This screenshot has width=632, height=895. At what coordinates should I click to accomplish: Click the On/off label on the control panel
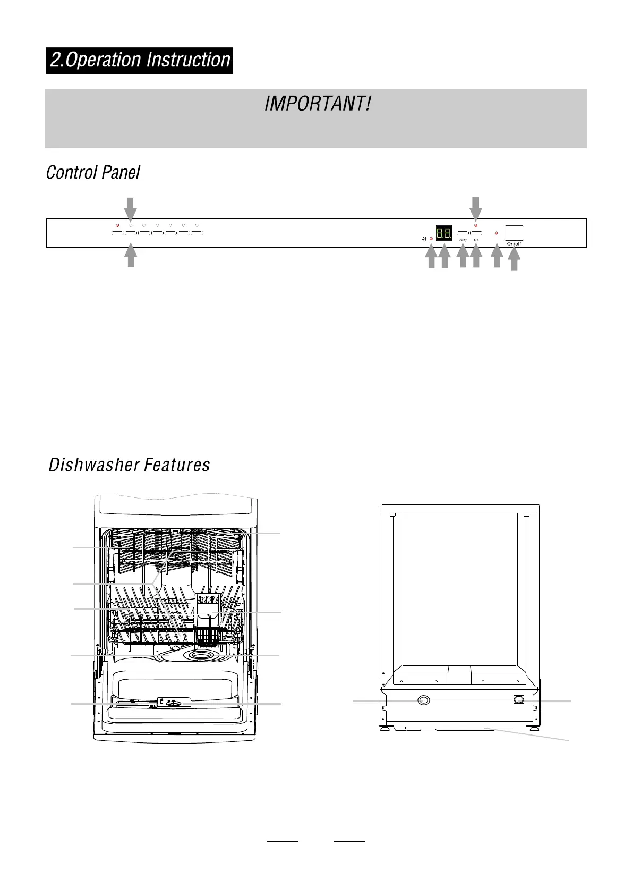514,244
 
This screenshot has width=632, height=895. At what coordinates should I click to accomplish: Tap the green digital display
444,233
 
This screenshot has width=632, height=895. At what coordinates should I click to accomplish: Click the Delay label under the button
463,240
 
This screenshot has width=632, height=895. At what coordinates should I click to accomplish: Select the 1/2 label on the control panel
476,240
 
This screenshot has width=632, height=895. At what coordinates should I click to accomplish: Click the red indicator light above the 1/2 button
476,225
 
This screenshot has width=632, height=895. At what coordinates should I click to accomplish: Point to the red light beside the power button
496,233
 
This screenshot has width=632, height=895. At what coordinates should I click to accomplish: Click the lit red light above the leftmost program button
117,225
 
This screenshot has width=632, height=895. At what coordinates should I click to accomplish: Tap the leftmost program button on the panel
117,233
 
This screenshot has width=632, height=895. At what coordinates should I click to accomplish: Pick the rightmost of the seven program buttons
197,233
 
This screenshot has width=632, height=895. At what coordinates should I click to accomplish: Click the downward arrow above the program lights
131,207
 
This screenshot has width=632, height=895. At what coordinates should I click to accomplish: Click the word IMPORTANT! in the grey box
317,104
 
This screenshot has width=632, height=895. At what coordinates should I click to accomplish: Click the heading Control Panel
93,173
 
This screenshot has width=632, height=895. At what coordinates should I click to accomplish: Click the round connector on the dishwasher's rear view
423,700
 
